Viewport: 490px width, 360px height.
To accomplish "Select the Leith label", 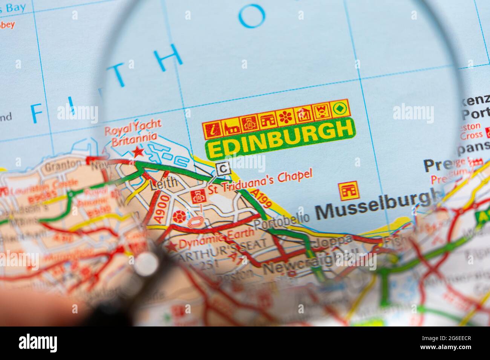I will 163,183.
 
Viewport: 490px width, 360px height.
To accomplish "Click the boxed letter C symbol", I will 224,168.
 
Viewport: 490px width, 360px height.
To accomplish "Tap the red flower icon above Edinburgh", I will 285,118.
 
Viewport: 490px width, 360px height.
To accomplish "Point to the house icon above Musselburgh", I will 348,191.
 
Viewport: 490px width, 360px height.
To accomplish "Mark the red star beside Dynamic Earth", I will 172,247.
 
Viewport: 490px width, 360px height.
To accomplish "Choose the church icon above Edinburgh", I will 231,128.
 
